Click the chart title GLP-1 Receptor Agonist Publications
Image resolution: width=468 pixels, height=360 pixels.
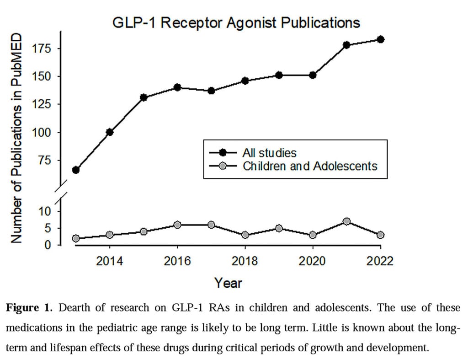tap(236, 22)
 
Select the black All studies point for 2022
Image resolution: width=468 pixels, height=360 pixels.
tap(380, 39)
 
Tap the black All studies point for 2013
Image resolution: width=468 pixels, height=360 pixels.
tap(76, 170)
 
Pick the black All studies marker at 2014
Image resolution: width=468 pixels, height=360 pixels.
tap(110, 132)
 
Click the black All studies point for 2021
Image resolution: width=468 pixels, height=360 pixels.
tap(346, 45)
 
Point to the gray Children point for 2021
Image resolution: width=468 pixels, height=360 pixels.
tap(346, 221)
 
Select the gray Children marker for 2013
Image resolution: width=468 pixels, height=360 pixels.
tap(76, 238)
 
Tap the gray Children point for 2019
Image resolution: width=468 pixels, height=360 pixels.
tap(279, 228)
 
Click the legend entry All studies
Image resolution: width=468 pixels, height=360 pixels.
tap(269, 152)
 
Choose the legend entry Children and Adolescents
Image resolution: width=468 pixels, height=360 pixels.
tap(310, 166)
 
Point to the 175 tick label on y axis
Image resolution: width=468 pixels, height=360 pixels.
tap(43, 48)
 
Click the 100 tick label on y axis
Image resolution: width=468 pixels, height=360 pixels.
tap(43, 132)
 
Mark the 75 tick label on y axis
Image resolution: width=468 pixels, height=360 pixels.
tap(46, 160)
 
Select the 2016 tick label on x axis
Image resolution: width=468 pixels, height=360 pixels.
tap(177, 261)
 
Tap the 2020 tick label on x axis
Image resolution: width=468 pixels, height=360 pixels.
tap(313, 261)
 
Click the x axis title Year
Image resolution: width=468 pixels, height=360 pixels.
tap(228, 283)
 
